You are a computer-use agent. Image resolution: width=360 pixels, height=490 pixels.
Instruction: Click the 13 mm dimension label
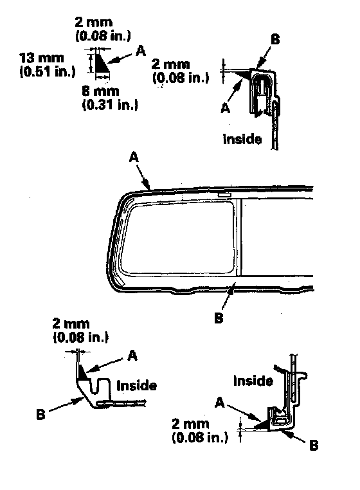click(x=42, y=58)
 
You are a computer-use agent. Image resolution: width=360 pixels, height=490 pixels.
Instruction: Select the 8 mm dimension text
click(x=101, y=91)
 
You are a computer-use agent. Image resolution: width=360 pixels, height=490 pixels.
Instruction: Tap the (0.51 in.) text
click(x=48, y=71)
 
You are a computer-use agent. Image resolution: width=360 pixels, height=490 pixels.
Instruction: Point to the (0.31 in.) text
click(x=110, y=105)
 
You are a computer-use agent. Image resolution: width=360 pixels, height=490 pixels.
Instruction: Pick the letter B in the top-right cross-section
click(x=275, y=40)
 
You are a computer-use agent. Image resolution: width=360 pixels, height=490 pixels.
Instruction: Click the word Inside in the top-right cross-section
click(x=242, y=139)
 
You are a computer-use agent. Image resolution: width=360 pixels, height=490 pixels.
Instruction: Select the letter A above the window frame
click(x=134, y=157)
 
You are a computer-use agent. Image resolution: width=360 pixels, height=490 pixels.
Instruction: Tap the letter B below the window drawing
click(x=219, y=318)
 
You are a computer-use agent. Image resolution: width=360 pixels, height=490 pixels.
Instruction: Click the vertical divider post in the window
click(x=239, y=237)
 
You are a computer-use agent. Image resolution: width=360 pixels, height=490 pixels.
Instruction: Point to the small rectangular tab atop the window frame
click(x=224, y=195)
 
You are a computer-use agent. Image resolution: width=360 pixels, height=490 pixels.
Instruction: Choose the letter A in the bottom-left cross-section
click(x=133, y=356)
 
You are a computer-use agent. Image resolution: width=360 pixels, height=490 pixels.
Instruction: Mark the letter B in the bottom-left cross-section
click(x=40, y=415)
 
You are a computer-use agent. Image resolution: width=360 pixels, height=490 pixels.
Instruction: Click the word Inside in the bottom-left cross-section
click(x=136, y=386)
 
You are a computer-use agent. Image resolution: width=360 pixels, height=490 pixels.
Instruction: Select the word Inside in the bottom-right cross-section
click(x=253, y=381)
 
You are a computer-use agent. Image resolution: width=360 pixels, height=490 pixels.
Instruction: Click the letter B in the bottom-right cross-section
click(x=314, y=446)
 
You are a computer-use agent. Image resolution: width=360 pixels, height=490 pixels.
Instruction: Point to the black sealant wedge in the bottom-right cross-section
click(x=264, y=426)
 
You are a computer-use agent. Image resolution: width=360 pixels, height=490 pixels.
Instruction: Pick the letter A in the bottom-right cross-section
click(x=220, y=403)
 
